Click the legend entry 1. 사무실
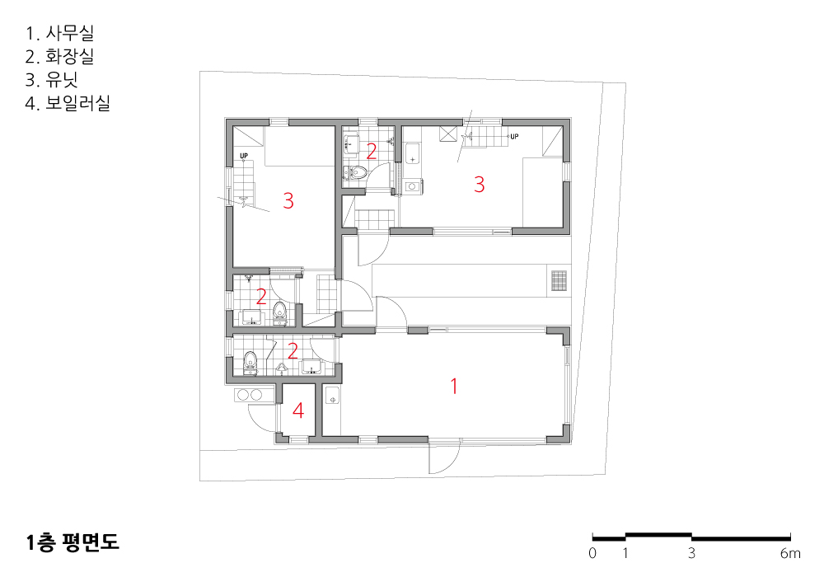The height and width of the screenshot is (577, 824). click(x=59, y=33)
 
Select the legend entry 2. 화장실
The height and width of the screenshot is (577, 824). click(x=59, y=56)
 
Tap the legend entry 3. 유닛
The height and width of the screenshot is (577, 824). click(x=51, y=79)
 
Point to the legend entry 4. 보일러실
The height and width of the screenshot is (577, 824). click(x=68, y=102)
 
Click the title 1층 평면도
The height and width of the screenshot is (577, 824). click(x=73, y=542)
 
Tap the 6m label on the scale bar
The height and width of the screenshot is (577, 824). click(x=790, y=553)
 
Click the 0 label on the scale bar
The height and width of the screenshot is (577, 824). click(x=592, y=553)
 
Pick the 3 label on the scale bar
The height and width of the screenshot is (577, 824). click(x=691, y=553)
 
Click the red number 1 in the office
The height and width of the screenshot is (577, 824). click(x=454, y=387)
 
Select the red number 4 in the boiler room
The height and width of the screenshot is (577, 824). click(x=298, y=410)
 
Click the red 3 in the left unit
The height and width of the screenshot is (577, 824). click(x=288, y=201)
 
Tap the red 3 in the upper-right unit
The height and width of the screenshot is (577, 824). click(x=479, y=185)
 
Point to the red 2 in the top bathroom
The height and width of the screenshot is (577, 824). click(x=371, y=152)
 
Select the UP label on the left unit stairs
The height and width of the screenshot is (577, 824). click(x=244, y=156)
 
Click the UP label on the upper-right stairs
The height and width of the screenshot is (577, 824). click(x=514, y=136)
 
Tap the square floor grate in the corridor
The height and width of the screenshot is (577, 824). click(x=559, y=280)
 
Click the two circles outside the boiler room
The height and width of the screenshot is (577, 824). click(x=249, y=394)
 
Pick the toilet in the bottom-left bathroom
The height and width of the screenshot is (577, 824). click(x=250, y=362)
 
